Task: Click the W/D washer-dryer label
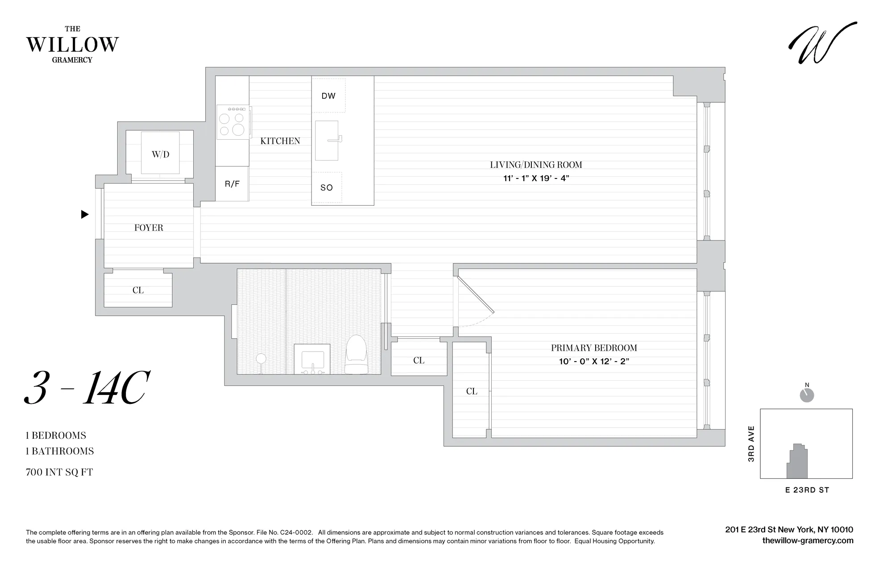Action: (x=161, y=154)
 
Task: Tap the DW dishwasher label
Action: (x=328, y=96)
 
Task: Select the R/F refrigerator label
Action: (x=232, y=184)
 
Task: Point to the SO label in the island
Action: (x=327, y=188)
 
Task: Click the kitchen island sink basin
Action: (x=327, y=141)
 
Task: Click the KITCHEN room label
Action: (x=280, y=141)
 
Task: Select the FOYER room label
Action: (x=149, y=228)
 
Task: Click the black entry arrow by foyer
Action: (x=85, y=215)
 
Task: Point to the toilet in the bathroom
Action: (x=356, y=354)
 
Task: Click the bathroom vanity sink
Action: (x=312, y=359)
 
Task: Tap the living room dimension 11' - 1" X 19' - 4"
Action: (x=536, y=179)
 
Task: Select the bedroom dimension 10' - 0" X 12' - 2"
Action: (x=594, y=361)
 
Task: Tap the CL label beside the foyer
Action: (x=138, y=290)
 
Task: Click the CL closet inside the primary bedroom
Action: (x=472, y=391)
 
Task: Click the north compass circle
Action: (x=807, y=395)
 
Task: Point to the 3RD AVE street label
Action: (x=751, y=444)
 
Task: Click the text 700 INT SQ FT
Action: (x=59, y=472)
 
